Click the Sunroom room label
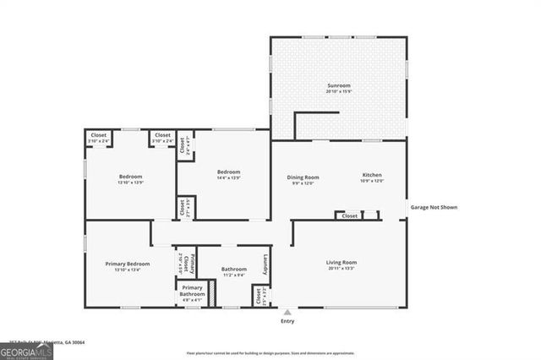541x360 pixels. coord(338,85)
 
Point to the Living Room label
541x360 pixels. coord(342,262)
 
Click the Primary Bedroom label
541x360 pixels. coord(128,264)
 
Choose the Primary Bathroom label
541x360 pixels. coord(192,291)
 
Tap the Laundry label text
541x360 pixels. coord(265,264)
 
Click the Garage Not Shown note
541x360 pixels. coord(434,206)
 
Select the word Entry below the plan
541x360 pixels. coord(287,321)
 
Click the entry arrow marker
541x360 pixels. coord(287,312)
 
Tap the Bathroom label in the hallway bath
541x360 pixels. coord(234,269)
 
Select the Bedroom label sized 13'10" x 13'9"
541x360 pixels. coord(130,176)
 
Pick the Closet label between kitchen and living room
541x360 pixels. coord(349,215)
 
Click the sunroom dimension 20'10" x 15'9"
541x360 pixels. coord(338,90)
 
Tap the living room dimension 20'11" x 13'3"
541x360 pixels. coord(342,269)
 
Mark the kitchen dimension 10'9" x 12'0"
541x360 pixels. coord(373,181)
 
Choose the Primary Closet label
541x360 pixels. coord(192,264)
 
